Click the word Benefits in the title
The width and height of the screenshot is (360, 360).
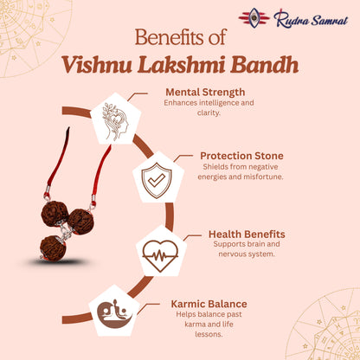point(170,39)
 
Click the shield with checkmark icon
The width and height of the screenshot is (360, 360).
point(157,179)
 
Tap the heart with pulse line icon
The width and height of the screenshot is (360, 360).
point(161,254)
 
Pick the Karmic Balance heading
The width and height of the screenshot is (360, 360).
point(209,304)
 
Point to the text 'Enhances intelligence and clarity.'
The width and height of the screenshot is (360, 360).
point(204,106)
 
